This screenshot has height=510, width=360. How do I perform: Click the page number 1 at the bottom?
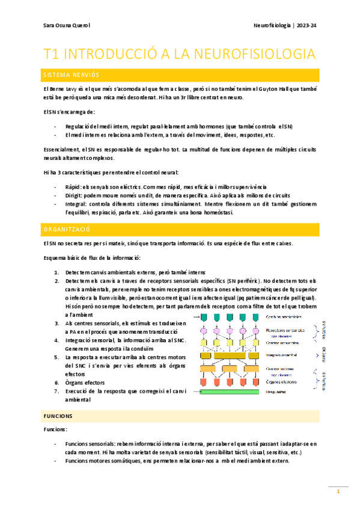point(338,491)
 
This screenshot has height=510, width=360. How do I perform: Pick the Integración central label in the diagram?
point(284,355)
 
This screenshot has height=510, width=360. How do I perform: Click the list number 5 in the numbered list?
point(56,357)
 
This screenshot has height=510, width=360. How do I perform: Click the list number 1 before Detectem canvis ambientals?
point(56,272)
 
